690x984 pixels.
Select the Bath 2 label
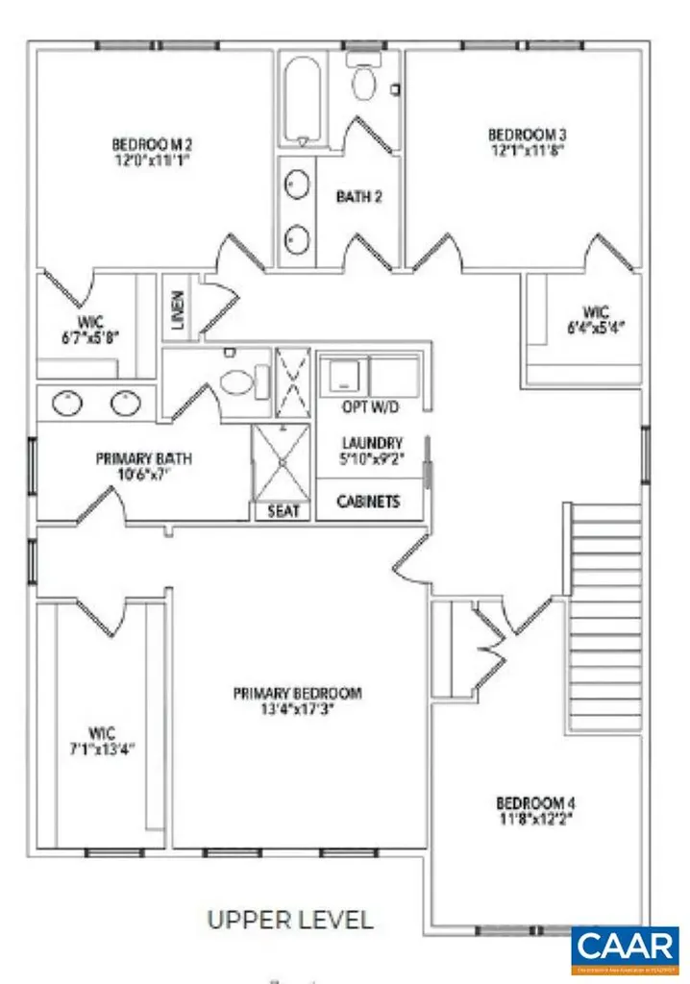pos(359,197)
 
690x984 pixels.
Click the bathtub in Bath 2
pos(303,100)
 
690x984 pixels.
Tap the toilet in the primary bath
pos(235,381)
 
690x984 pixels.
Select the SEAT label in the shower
pos(284,511)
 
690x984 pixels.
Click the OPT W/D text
pos(370,408)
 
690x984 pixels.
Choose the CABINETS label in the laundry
pos(369,502)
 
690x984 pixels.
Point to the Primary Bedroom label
pos(297,693)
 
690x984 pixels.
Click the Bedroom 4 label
pos(535,802)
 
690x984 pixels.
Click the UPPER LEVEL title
pos(290,919)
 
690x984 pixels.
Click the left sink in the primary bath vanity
pos(67,404)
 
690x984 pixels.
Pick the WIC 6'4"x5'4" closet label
pos(596,319)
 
